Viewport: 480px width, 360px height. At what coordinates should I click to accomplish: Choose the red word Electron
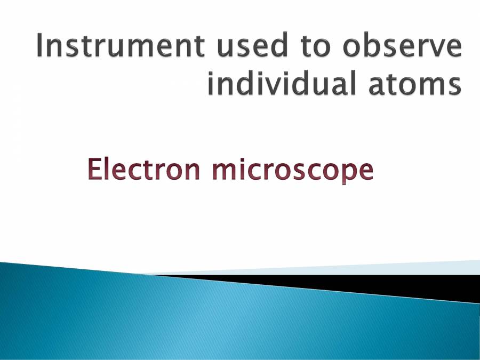pyautogui.click(x=143, y=170)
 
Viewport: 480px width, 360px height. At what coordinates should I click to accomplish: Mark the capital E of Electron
pyautogui.click(x=94, y=170)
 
